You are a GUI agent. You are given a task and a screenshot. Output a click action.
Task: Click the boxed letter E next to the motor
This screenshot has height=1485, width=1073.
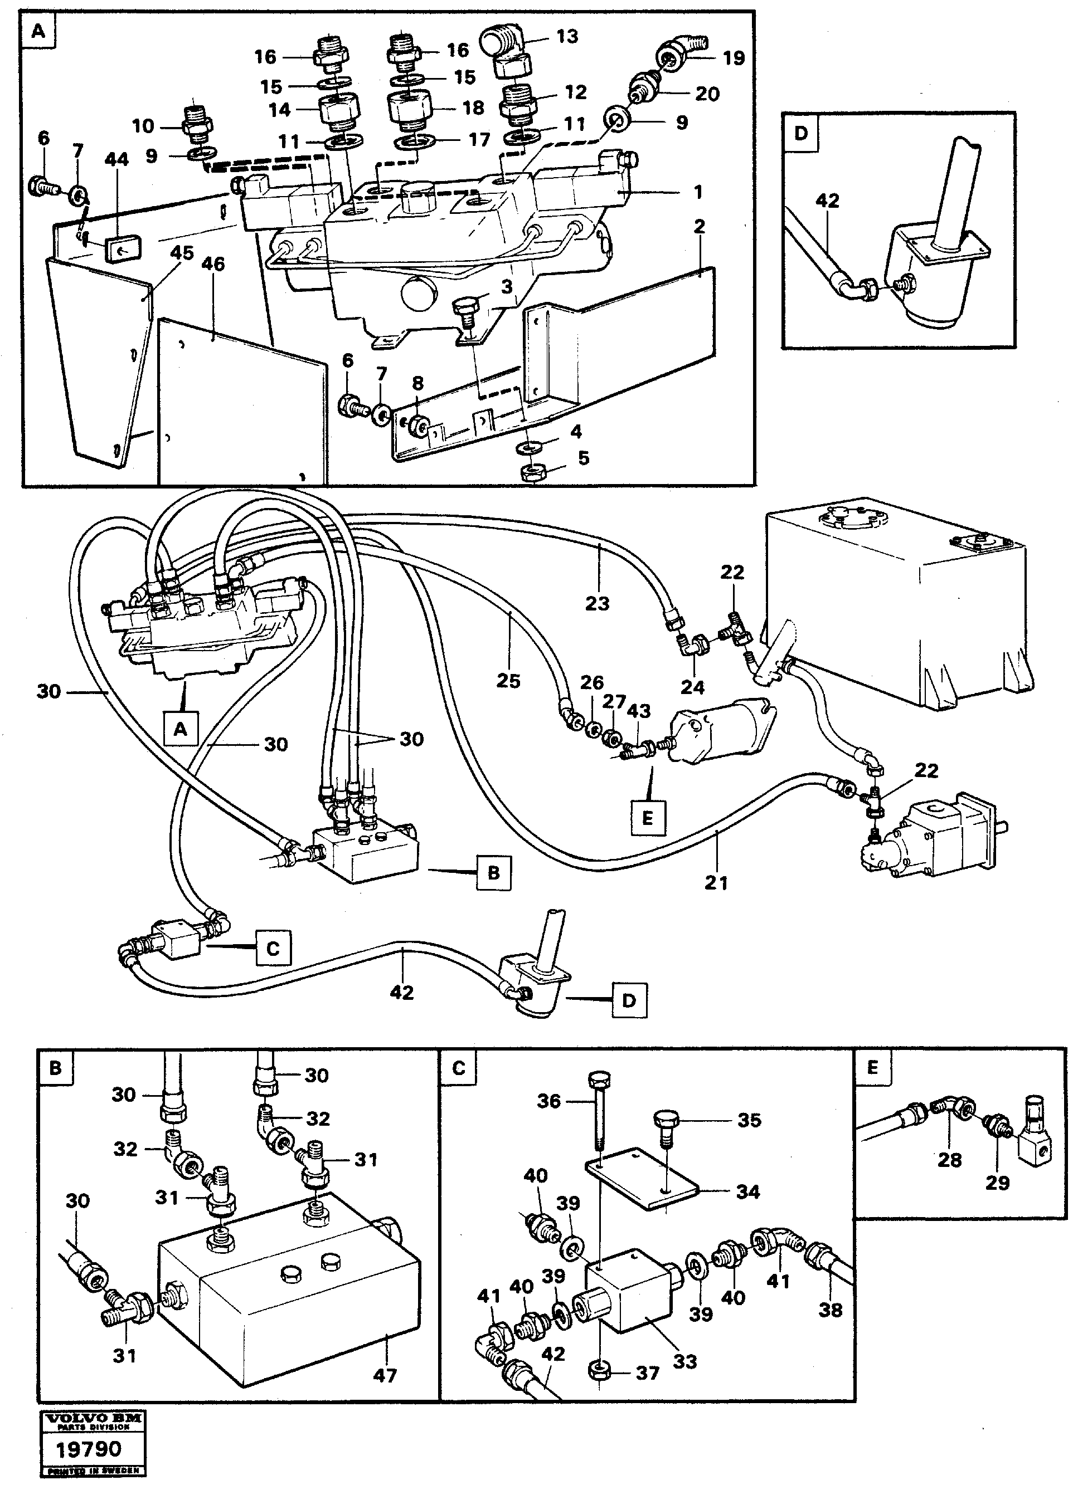[647, 818]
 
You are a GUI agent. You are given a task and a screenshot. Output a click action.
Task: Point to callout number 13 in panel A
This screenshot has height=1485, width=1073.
[567, 36]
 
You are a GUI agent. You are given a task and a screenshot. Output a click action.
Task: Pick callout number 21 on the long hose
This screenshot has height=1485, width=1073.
[716, 883]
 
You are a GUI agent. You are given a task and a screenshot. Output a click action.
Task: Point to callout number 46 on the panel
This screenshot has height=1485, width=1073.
[213, 264]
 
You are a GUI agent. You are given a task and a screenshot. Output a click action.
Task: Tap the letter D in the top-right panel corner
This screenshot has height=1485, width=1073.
[801, 134]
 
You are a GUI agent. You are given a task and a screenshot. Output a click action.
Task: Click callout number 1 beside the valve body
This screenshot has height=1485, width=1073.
[698, 192]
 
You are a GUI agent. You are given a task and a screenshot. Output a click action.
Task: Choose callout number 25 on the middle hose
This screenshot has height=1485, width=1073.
[508, 681]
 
